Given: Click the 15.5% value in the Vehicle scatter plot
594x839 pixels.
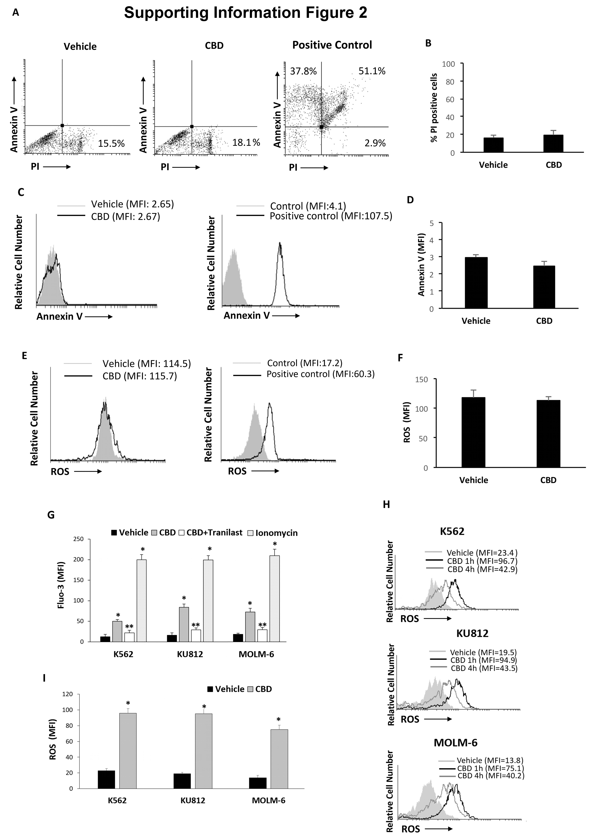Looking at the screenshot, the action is click(111, 144).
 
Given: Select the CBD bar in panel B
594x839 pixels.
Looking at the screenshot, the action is click(553, 143).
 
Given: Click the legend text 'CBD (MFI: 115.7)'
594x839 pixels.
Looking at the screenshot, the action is click(140, 376).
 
